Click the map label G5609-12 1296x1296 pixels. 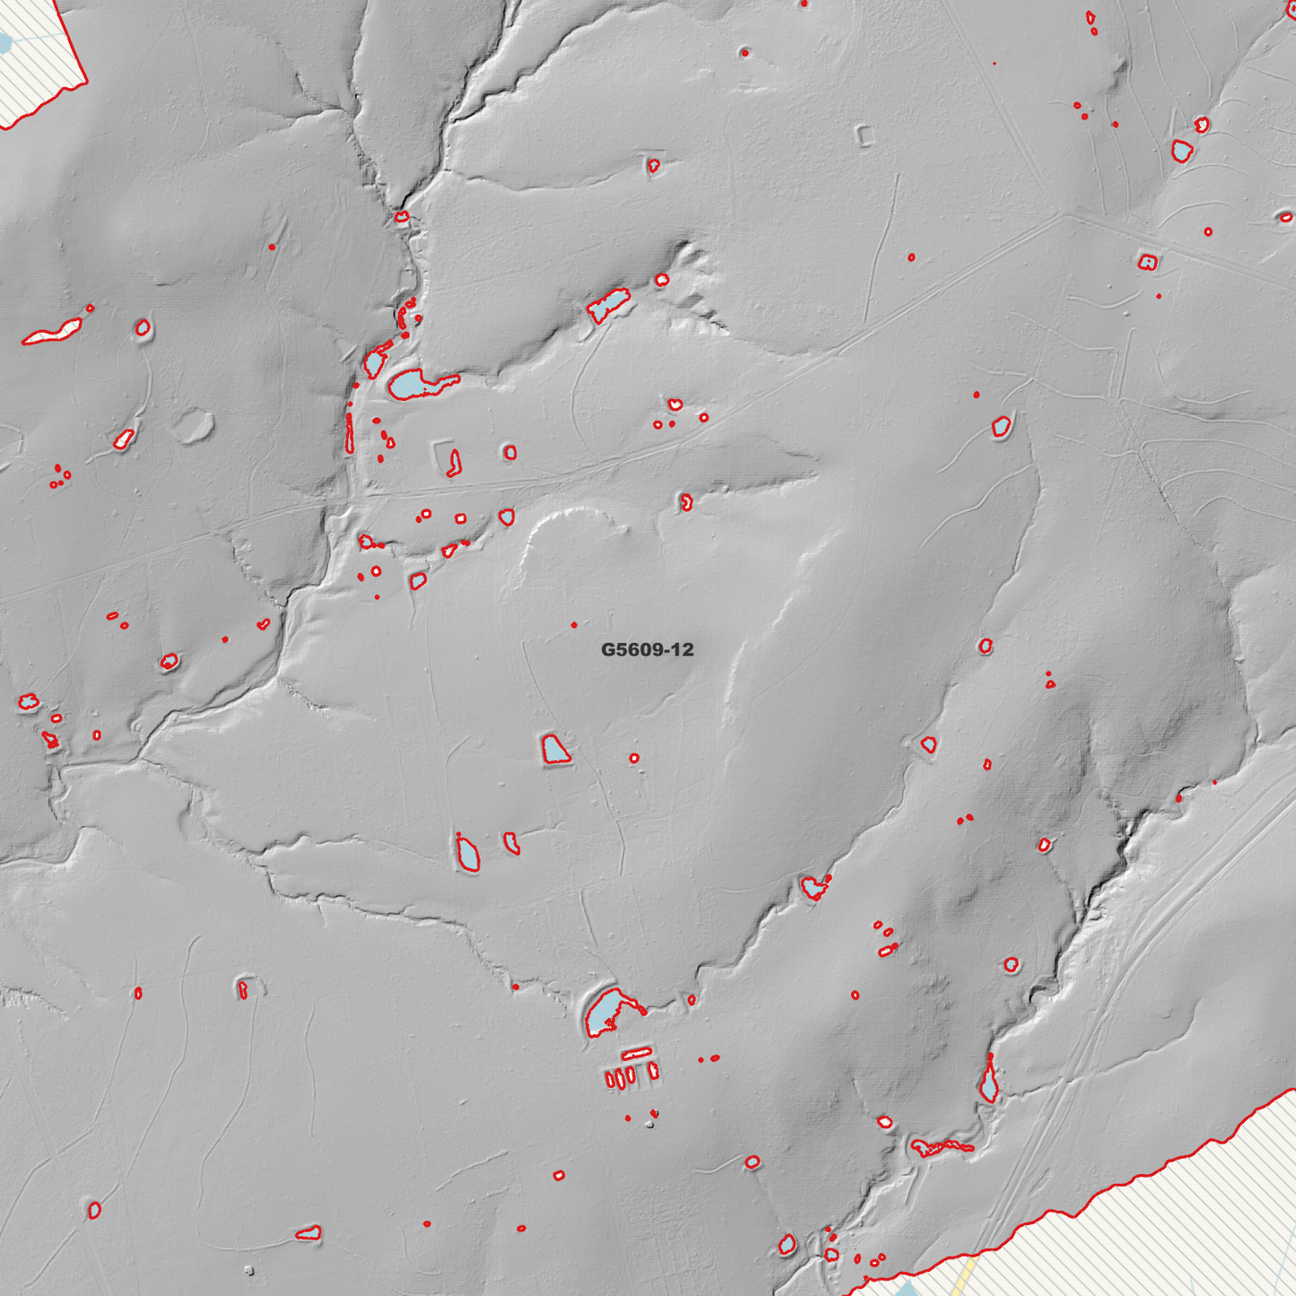pos(647,649)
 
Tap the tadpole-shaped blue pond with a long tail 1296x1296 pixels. pos(417,385)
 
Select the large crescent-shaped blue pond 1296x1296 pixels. pos(606,1012)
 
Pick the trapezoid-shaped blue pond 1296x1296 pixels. pos(555,749)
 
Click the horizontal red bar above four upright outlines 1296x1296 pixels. pos(636,1052)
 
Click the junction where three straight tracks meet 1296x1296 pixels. pos(1065,214)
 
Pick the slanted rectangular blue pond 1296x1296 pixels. pos(608,306)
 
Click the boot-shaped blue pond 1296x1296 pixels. pos(467,853)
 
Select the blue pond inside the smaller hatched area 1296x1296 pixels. pos(3,42)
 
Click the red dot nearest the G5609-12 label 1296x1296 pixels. pos(574,624)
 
